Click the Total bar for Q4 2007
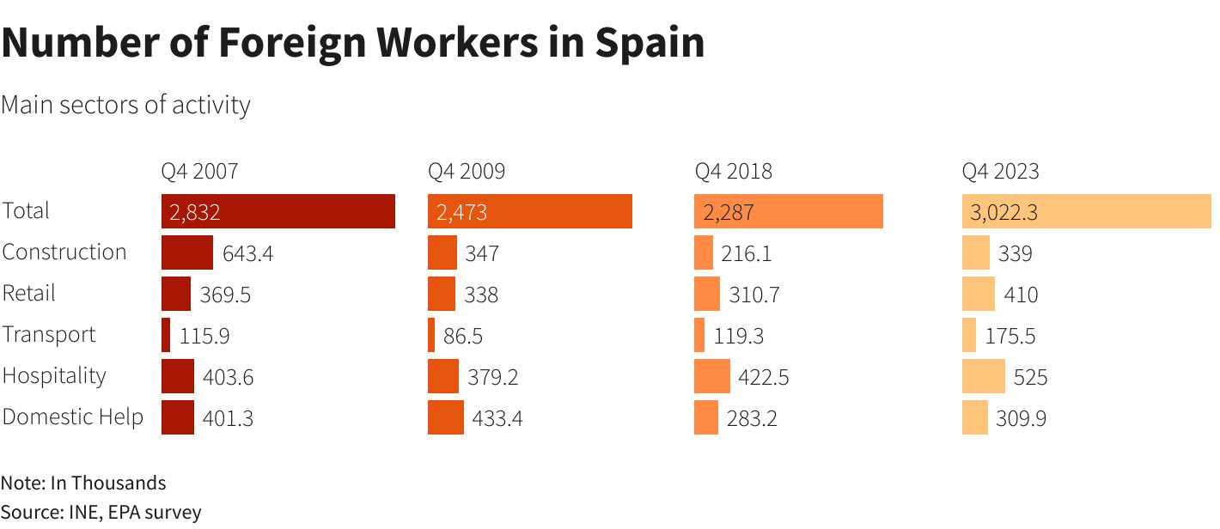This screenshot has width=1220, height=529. coord(278,211)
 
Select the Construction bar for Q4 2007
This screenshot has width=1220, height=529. coord(186,252)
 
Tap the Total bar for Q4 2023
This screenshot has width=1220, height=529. coord(1086,211)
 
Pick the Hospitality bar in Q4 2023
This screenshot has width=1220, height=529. coord(983,376)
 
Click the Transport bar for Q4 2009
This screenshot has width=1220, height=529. coord(431,335)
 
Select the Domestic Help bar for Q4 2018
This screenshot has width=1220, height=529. coord(705,417)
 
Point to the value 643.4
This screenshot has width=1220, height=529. coord(247,253)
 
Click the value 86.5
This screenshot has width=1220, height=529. coord(462,336)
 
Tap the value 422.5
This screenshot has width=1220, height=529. coord(763,377)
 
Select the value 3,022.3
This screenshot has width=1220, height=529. coord(1003,212)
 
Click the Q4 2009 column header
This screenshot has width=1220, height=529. coord(467,171)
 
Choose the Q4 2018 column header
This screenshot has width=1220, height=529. coord(733,171)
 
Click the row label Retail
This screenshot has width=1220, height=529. coord(28,293)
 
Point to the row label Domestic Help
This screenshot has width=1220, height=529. coord(72,417)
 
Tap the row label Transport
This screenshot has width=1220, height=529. coord(49,334)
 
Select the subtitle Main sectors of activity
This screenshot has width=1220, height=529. coord(125,105)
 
